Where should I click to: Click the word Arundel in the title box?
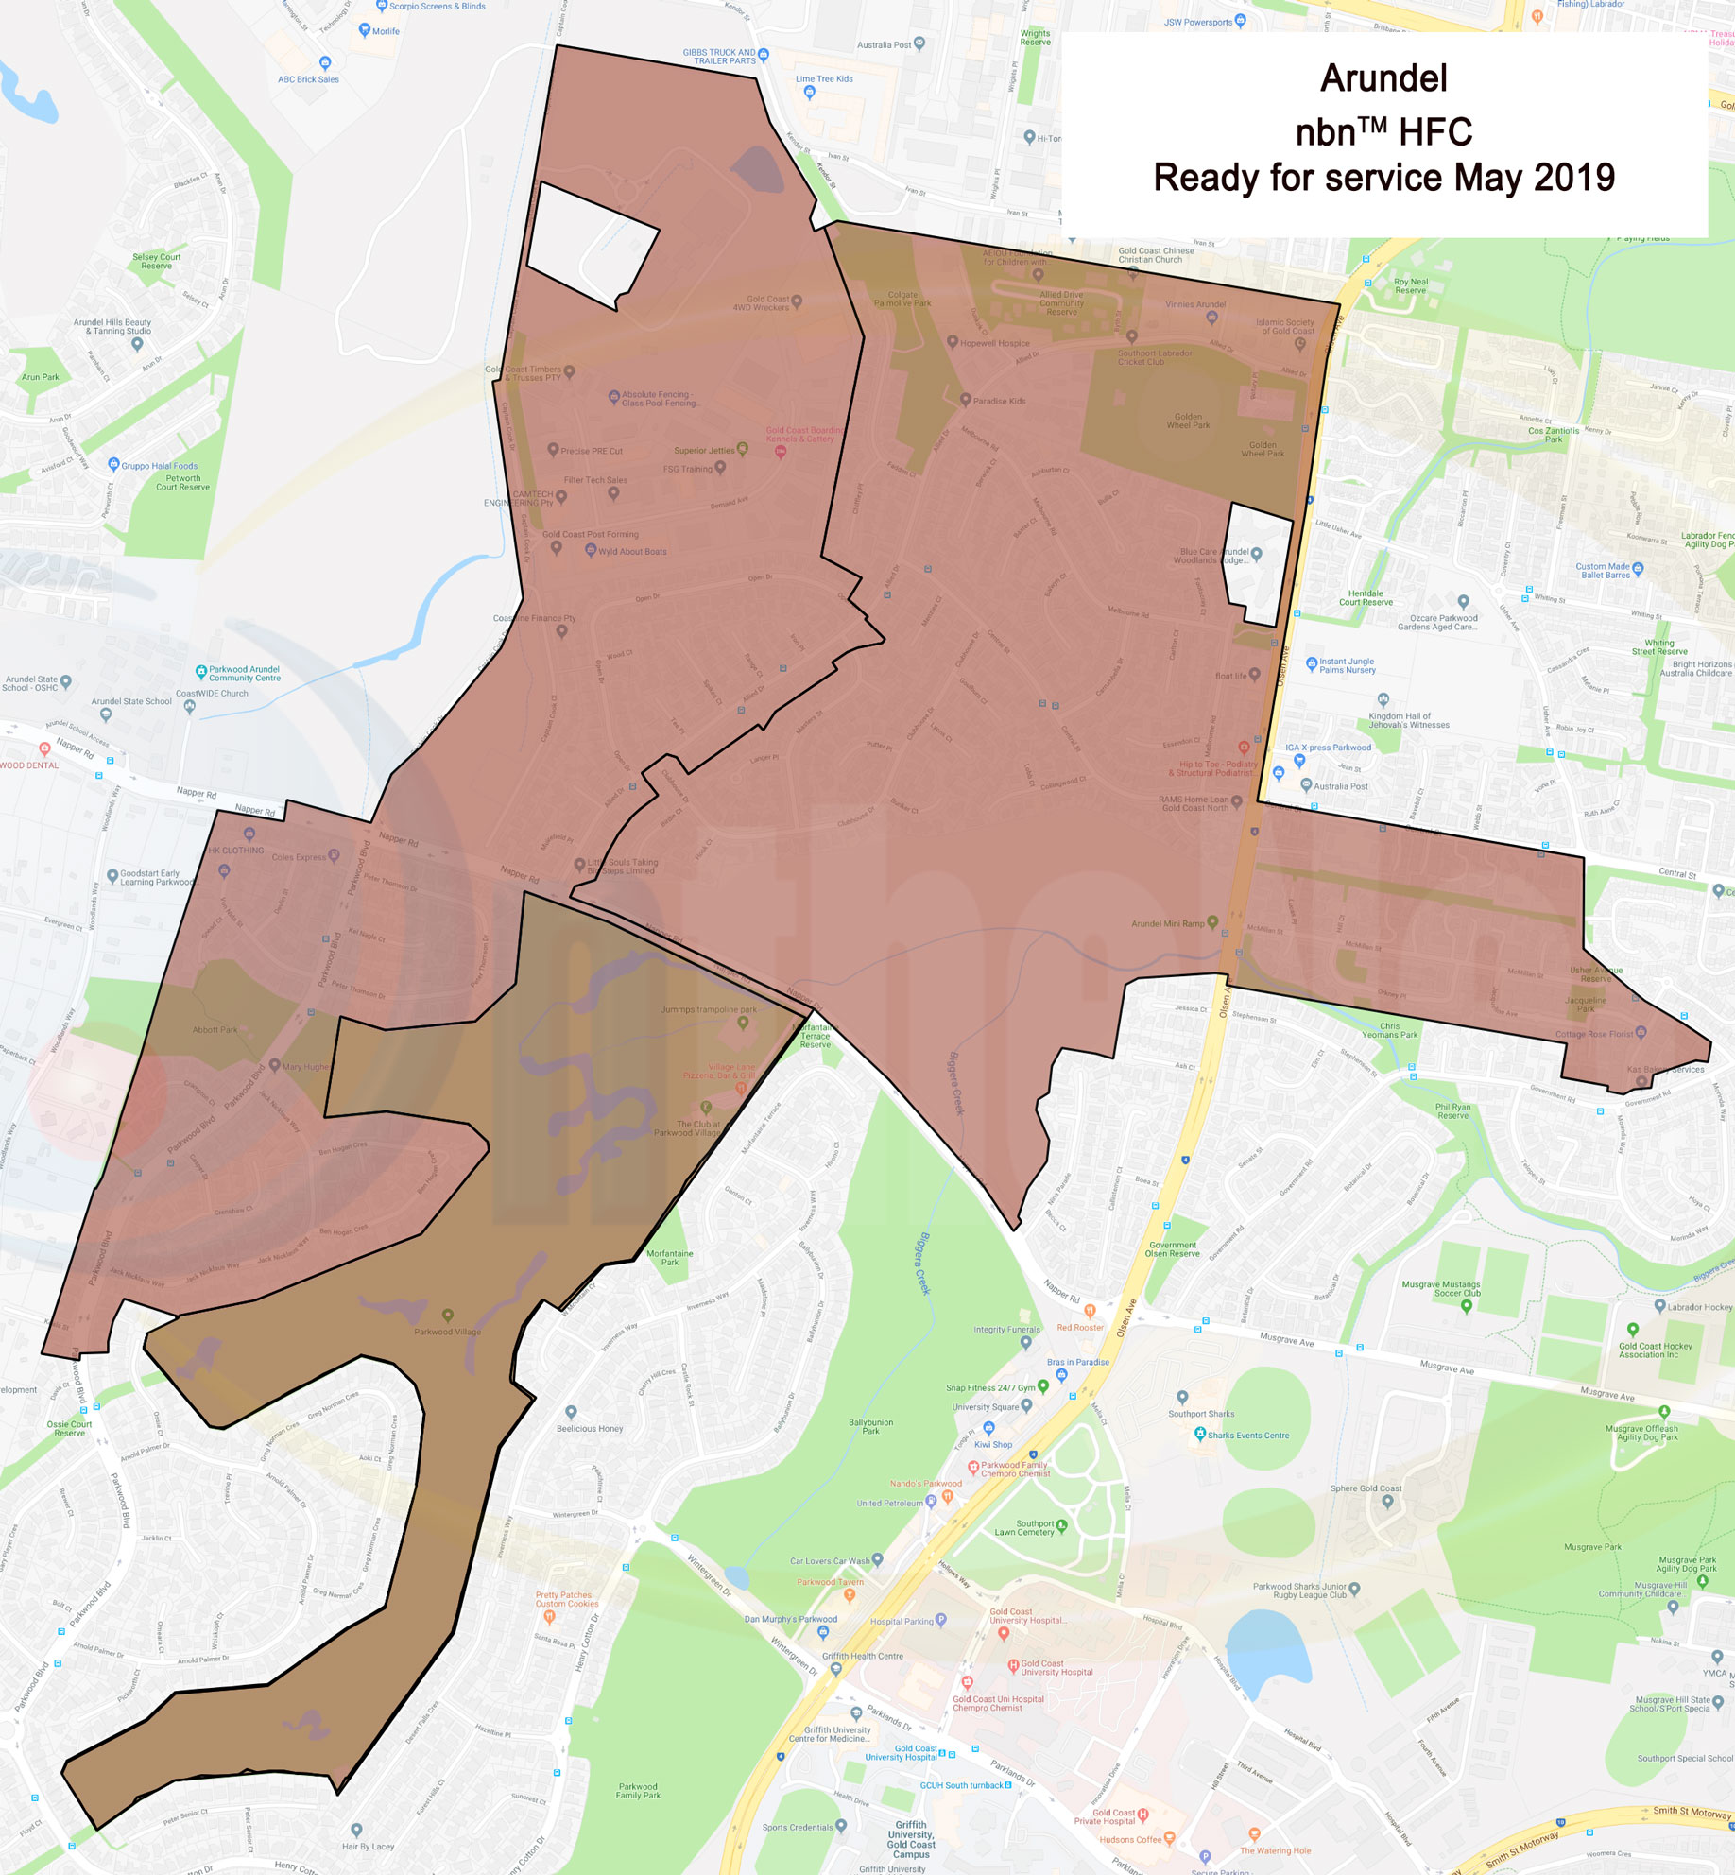(1383, 78)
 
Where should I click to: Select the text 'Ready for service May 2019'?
(1383, 178)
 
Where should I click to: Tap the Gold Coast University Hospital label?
(1056, 1668)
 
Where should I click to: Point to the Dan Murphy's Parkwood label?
(790, 1619)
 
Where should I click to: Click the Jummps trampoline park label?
(708, 1009)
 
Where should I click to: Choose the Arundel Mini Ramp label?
(1167, 923)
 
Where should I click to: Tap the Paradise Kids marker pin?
(965, 400)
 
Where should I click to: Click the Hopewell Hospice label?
(994, 343)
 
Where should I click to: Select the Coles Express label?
(299, 857)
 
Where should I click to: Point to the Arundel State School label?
(131, 701)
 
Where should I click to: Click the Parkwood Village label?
(447, 1332)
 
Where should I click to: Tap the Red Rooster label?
(1080, 1328)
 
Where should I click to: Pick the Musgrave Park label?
(1592, 1547)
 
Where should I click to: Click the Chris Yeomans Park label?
(1389, 1030)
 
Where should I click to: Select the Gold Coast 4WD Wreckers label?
(761, 302)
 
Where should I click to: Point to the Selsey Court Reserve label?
(157, 261)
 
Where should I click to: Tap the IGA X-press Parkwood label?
(1328, 748)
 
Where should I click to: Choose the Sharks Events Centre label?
(1247, 1436)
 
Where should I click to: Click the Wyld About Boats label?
(631, 551)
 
